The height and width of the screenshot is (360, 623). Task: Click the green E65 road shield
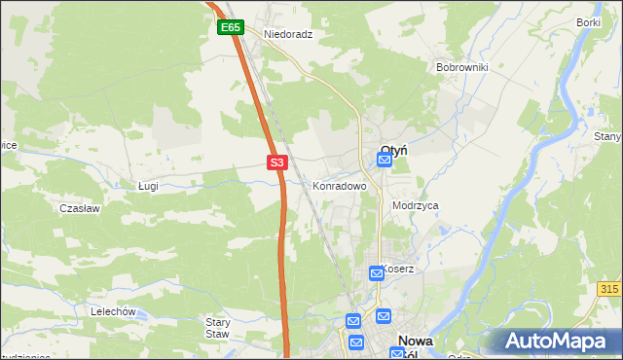pos(230,28)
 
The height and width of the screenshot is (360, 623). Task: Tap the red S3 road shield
pos(277,162)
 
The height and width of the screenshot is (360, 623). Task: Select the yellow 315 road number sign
pos(610,290)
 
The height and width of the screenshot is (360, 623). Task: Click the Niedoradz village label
pos(287,32)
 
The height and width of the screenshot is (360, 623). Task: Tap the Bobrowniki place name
pos(461,67)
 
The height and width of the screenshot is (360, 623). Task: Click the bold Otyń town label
pos(393,150)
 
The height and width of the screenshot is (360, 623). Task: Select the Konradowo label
pos(339,185)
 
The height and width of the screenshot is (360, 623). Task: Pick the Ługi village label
pos(148,185)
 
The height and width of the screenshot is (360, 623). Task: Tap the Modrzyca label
pos(416,206)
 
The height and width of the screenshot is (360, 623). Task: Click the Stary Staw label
pos(217,327)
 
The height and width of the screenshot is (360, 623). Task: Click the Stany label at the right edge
pos(608,137)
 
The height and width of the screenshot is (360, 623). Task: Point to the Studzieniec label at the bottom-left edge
pos(24,356)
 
